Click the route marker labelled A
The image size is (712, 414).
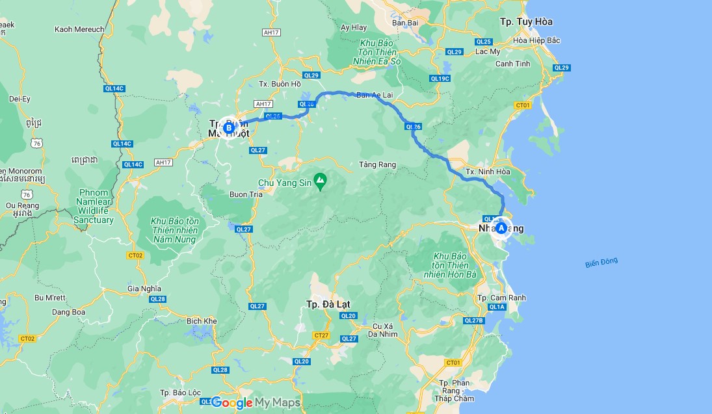(501, 228)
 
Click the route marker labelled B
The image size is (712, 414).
(228, 127)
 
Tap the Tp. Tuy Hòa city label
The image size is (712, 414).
(526, 22)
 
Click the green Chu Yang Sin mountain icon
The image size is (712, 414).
(320, 179)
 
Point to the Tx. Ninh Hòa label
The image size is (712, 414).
(487, 172)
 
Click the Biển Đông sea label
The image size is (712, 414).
(601, 263)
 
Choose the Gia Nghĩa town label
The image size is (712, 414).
(144, 289)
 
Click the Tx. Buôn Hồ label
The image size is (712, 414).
(280, 84)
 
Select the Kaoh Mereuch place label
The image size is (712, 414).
(79, 29)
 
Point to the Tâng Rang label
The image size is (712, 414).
(377, 165)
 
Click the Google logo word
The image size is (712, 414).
(232, 403)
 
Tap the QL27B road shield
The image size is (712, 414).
(474, 320)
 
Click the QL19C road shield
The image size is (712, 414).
(440, 79)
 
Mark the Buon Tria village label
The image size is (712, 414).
(246, 194)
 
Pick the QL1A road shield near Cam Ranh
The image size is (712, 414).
(497, 307)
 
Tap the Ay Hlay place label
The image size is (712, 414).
(354, 28)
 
